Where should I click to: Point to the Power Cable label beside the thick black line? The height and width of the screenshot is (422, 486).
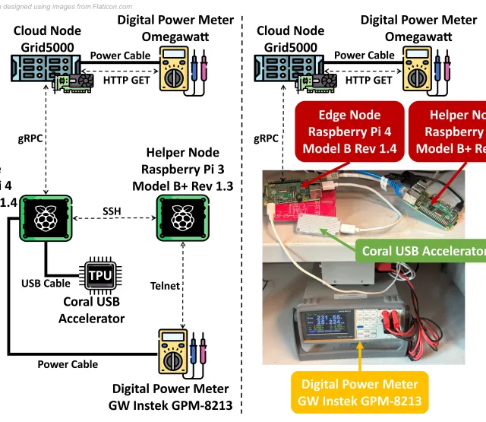point(68,364)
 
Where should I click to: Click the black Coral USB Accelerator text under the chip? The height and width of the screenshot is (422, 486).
point(92,309)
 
